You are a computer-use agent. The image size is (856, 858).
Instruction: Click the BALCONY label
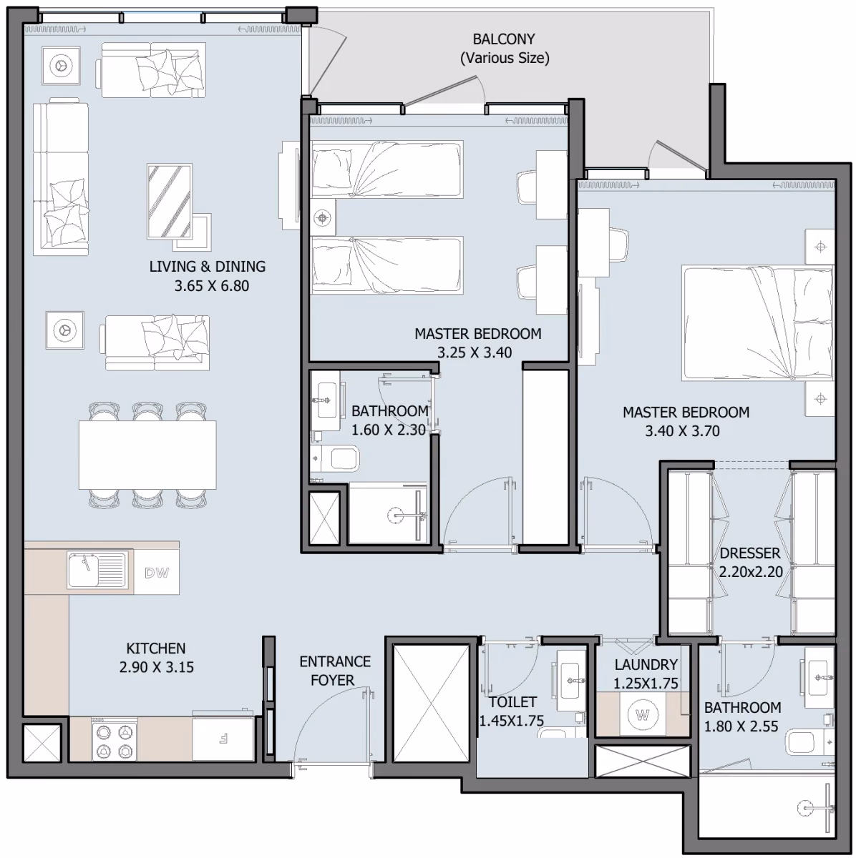coord(504,39)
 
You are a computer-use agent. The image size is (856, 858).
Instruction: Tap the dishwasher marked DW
coord(157,573)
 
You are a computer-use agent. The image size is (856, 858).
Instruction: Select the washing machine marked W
coord(642,715)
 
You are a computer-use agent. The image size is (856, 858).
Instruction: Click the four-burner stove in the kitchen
coord(115,739)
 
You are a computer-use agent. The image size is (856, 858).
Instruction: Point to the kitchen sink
coord(97,571)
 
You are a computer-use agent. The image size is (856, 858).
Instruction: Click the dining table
coord(147,455)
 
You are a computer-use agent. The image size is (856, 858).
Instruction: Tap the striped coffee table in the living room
coord(170,201)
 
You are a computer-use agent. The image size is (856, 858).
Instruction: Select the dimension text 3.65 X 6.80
coord(212,286)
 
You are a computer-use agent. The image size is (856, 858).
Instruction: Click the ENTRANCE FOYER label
coord(335,671)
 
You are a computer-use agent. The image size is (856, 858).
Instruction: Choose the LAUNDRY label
coord(646,665)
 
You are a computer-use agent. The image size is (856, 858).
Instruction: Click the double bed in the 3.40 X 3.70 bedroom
coord(757,324)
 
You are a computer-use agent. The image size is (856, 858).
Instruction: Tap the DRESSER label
coord(750,553)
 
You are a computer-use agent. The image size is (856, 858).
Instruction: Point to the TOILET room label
coord(512,702)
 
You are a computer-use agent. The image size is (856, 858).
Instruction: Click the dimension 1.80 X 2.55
coord(741,726)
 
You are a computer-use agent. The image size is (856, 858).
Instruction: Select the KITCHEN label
coord(155,649)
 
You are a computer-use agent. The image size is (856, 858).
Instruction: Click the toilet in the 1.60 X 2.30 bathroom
coord(335,458)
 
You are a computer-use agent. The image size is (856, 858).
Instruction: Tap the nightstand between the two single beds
coord(324,217)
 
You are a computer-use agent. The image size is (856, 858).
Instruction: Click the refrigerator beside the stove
coord(223,739)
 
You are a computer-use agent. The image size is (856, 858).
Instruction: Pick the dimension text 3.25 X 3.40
coord(475,352)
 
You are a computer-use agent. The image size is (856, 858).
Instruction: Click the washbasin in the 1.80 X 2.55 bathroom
coord(819,677)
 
